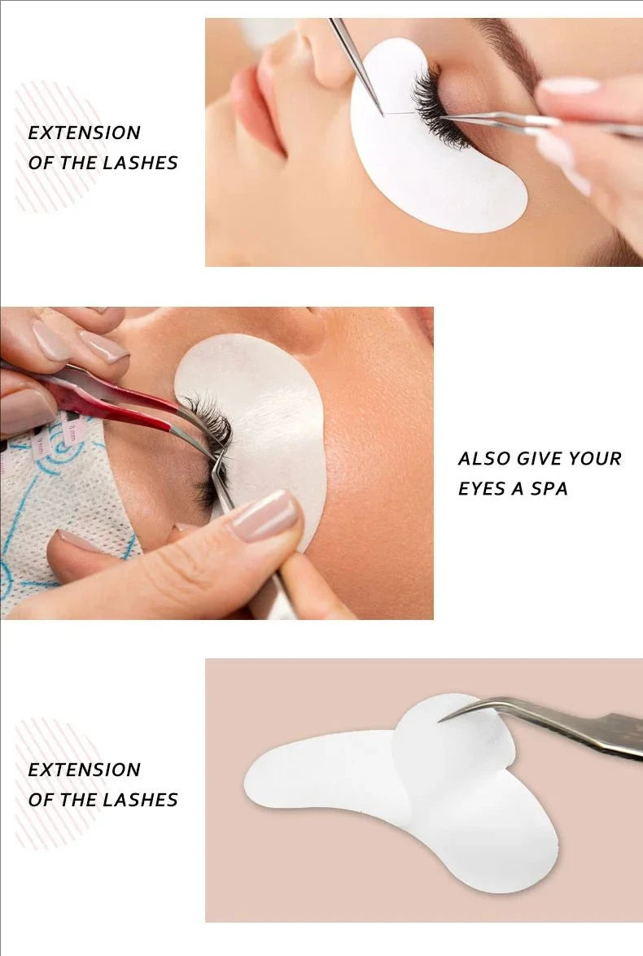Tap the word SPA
[549, 489]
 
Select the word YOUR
[595, 459]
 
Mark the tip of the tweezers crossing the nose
[381, 112]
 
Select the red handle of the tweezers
[122, 391]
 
